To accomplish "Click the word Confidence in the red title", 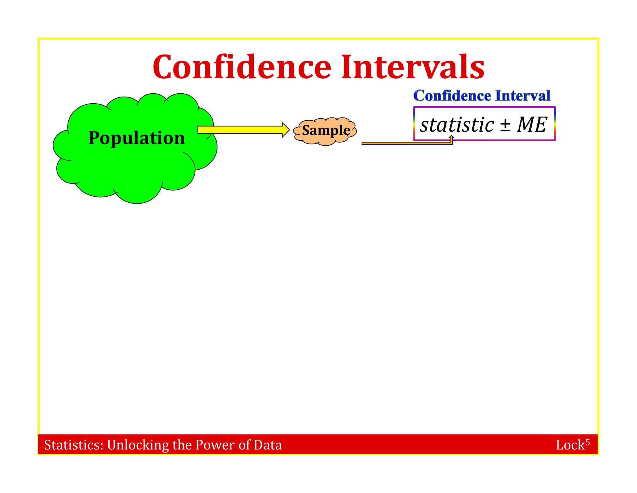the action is pyautogui.click(x=242, y=67).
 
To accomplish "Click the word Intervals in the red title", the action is pyautogui.click(x=413, y=67).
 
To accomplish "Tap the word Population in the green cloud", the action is pyautogui.click(x=136, y=138).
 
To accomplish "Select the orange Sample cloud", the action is pyautogui.click(x=325, y=131).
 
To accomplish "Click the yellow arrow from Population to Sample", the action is pyautogui.click(x=244, y=130).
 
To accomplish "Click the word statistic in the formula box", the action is pyautogui.click(x=457, y=125).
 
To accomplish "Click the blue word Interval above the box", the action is pyautogui.click(x=523, y=96).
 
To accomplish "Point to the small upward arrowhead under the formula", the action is pyautogui.click(x=451, y=137).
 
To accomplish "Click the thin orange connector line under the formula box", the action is pyautogui.click(x=407, y=143).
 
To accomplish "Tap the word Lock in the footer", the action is pyautogui.click(x=570, y=445).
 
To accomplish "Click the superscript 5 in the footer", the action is pyautogui.click(x=587, y=442).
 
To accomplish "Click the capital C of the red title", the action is pyautogui.click(x=162, y=67).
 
